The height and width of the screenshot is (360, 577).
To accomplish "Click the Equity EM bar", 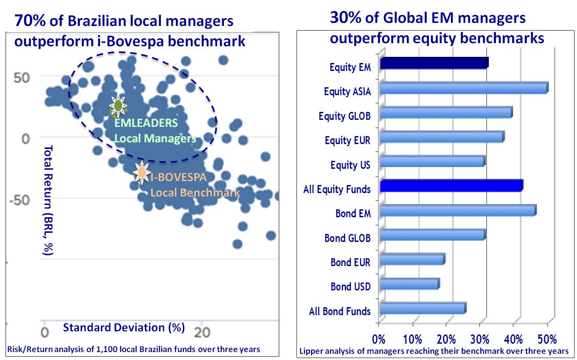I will [434, 63].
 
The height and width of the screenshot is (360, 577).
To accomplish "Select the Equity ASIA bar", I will [464, 88].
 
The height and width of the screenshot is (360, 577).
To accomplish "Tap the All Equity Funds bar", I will [451, 186].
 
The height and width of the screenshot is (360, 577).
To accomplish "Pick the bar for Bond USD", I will [409, 284].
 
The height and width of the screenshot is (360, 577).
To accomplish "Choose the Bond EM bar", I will [458, 211].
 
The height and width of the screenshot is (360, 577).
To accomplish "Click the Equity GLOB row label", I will [344, 116].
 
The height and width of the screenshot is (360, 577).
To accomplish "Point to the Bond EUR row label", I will [350, 263].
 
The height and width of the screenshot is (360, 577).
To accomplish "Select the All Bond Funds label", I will [339, 312].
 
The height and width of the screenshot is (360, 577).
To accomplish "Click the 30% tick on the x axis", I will [480, 340].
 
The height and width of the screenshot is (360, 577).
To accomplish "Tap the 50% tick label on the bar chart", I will [547, 340].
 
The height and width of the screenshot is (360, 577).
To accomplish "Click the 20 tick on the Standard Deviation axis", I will [202, 331].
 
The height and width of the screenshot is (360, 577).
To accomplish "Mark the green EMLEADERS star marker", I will [118, 106].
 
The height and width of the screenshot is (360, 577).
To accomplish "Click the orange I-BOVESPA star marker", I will [141, 173].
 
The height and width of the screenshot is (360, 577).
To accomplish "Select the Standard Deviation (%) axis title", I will [124, 327].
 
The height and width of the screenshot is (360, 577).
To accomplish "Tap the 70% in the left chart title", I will [29, 21].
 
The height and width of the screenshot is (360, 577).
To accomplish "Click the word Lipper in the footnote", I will [311, 351].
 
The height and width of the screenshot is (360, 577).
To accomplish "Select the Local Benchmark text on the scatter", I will [195, 193].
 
